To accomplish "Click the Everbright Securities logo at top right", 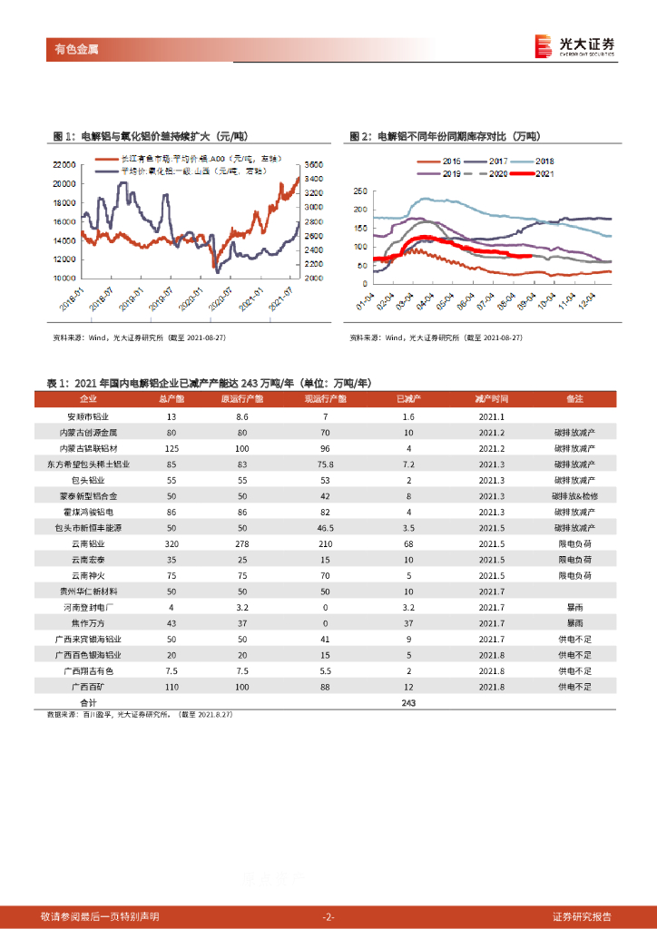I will click(x=574, y=46).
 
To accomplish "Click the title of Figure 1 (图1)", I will click(x=150, y=136).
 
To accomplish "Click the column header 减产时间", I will click(x=491, y=399).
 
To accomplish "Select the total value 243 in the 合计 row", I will click(x=407, y=704).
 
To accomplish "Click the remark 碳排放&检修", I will click(x=574, y=495).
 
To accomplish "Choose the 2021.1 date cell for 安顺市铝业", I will click(x=491, y=416).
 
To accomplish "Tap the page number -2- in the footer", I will click(x=328, y=916).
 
